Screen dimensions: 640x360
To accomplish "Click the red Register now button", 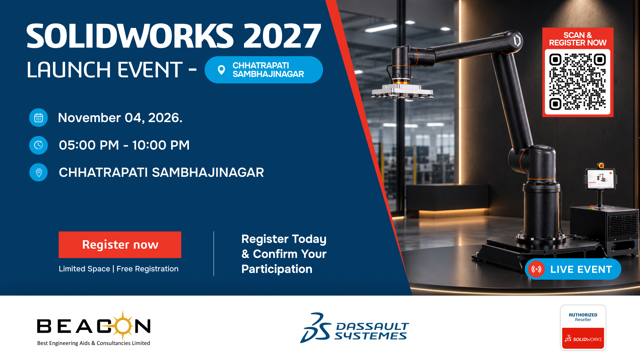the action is pos(120,245).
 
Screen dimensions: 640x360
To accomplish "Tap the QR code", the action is pos(577,82).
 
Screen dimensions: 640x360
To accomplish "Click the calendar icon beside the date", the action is pos(38,118).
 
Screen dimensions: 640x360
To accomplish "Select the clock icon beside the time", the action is pos(38,145).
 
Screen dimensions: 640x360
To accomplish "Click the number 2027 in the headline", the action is pos(282,36).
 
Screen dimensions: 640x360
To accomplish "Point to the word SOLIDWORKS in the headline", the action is pos(130,36).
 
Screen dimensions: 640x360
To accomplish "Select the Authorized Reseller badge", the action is pos(583,327).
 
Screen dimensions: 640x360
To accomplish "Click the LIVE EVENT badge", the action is pos(573,269).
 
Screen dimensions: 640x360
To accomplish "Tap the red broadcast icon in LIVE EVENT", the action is pos(536,269).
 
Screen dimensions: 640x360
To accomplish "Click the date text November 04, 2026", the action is pos(120,118).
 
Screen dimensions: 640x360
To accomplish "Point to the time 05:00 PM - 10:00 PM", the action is pos(124,145).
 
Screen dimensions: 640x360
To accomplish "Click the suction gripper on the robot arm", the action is pos(403,92).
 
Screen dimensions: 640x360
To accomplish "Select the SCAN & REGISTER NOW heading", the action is pos(578,39).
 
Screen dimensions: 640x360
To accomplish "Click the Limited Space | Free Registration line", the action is pos(118,269).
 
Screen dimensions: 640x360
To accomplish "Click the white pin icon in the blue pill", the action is pos(221,70).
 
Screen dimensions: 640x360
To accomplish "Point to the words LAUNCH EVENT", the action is pos(105,70).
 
